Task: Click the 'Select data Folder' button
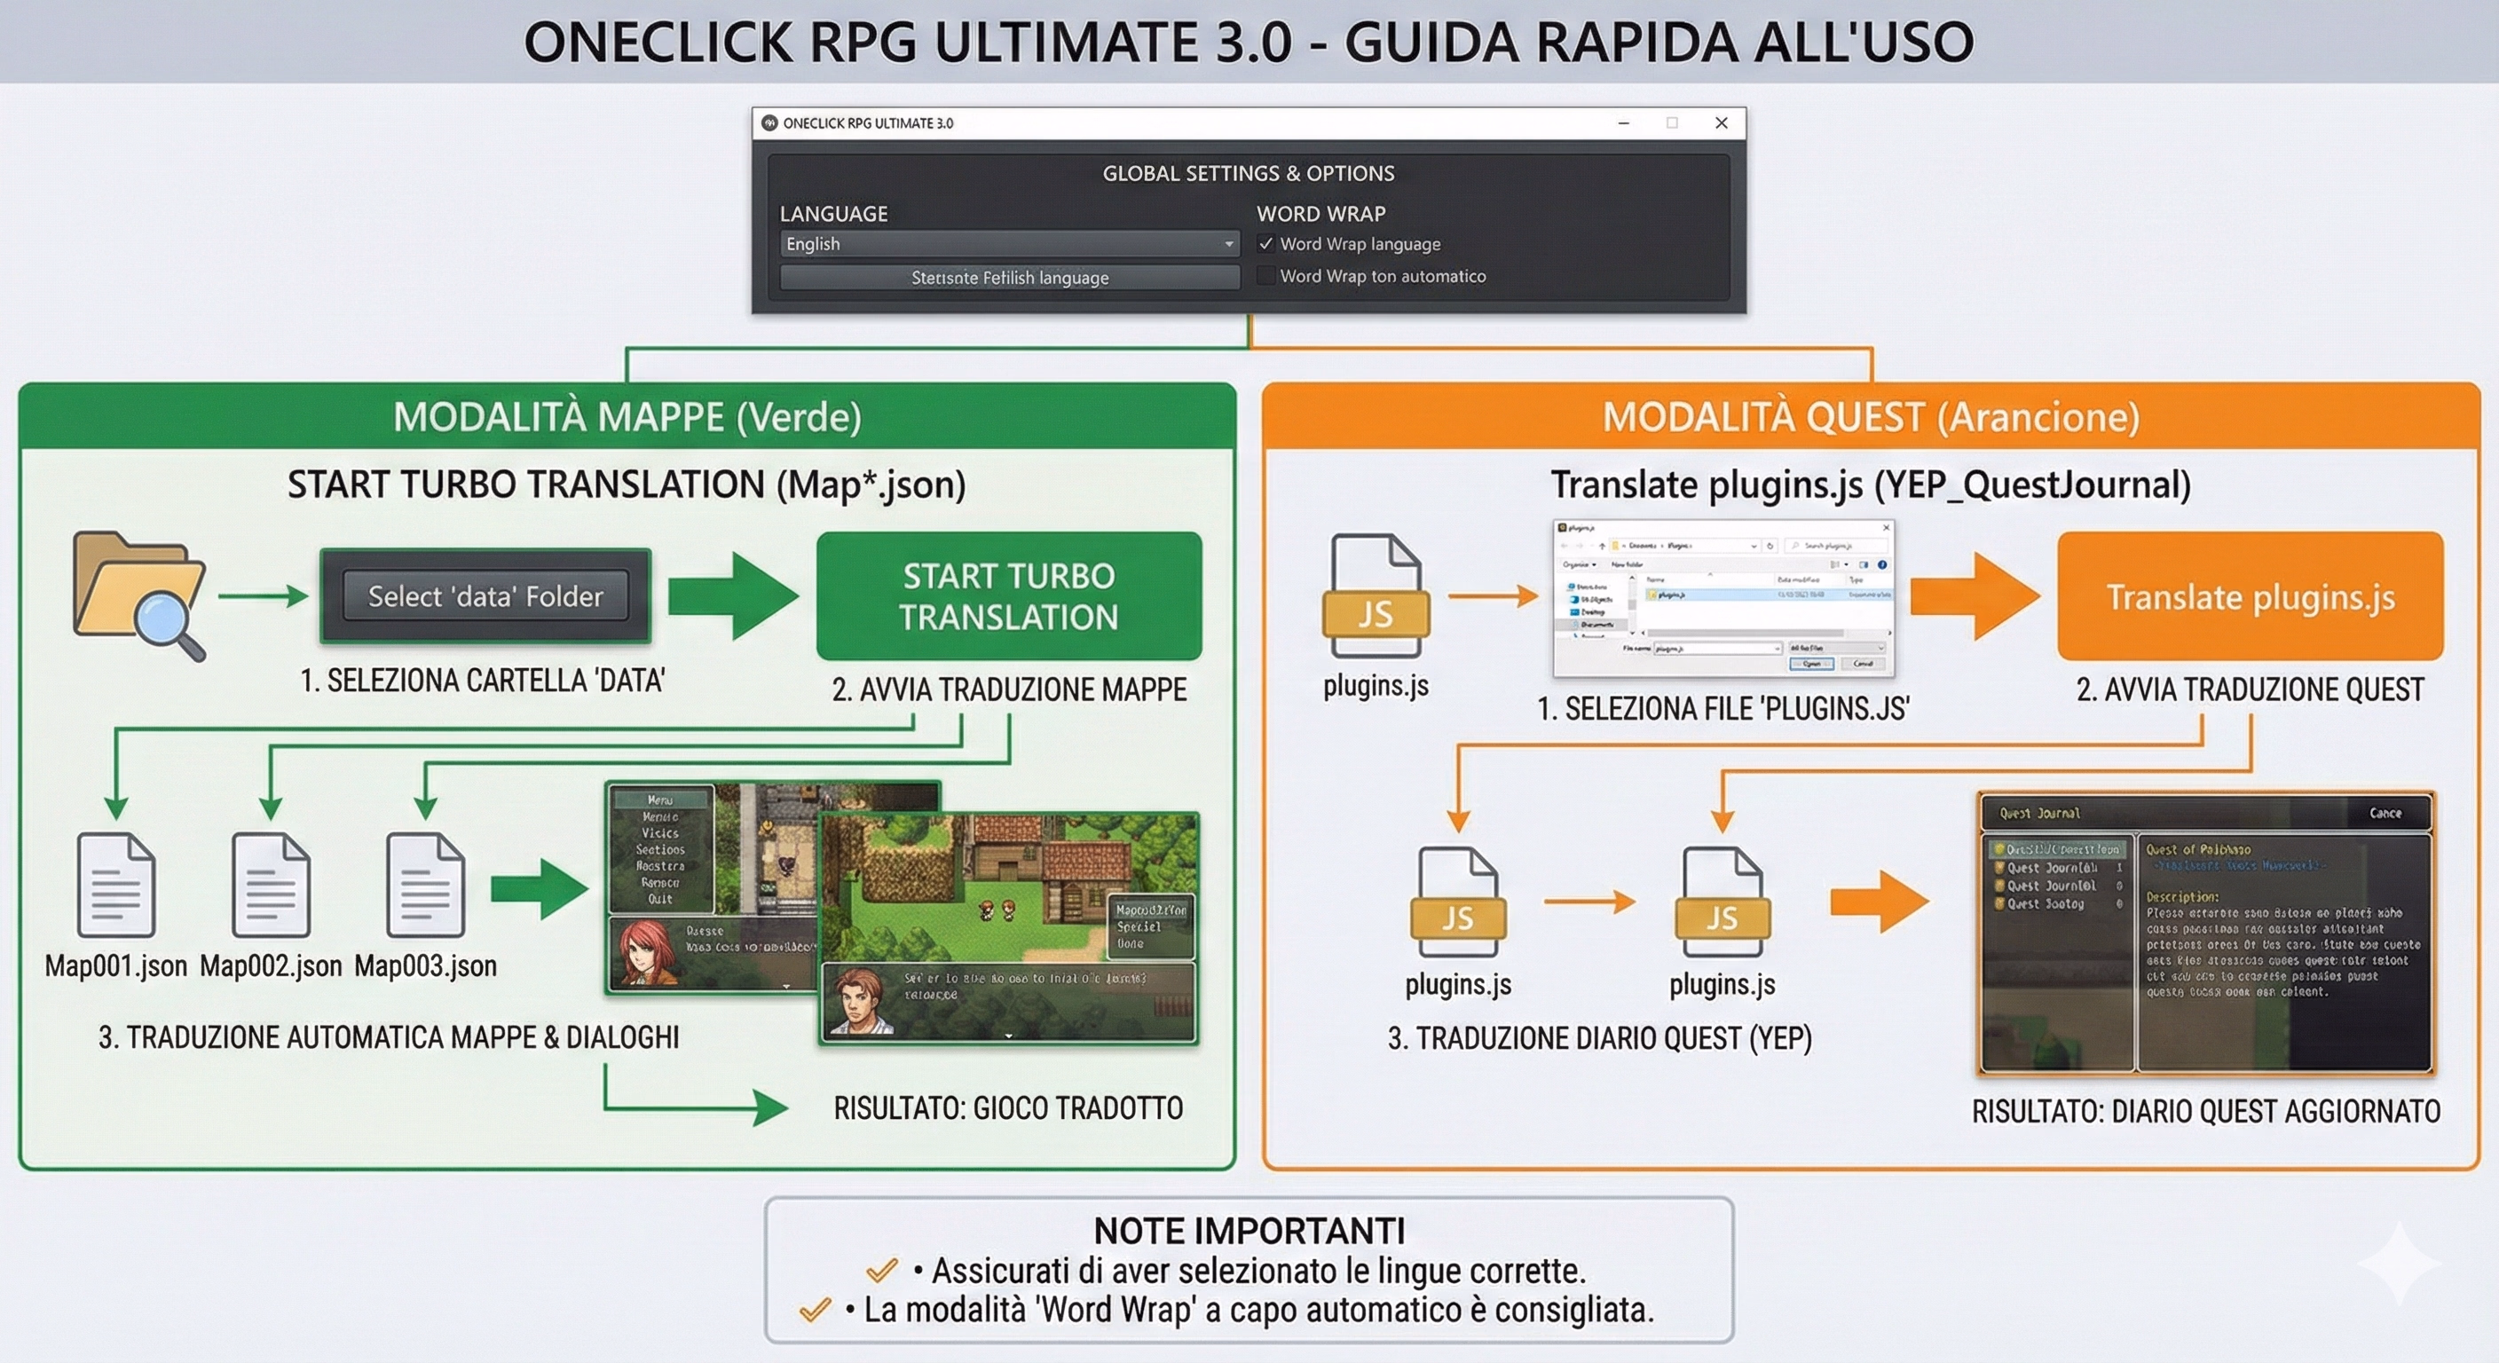click(485, 595)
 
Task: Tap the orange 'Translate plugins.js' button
click(2250, 596)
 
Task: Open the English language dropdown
click(1009, 244)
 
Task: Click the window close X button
click(1721, 123)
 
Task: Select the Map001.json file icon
click(116, 884)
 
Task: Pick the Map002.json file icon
click(271, 884)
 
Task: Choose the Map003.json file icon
click(425, 884)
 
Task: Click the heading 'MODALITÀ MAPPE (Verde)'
click(627, 417)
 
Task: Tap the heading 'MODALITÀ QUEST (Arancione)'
click(1871, 417)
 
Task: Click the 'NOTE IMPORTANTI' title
click(1249, 1231)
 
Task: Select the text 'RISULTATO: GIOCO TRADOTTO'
click(1008, 1107)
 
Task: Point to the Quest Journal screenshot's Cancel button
click(2385, 813)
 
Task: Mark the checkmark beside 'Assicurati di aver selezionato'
click(882, 1270)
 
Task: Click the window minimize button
click(1624, 123)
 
